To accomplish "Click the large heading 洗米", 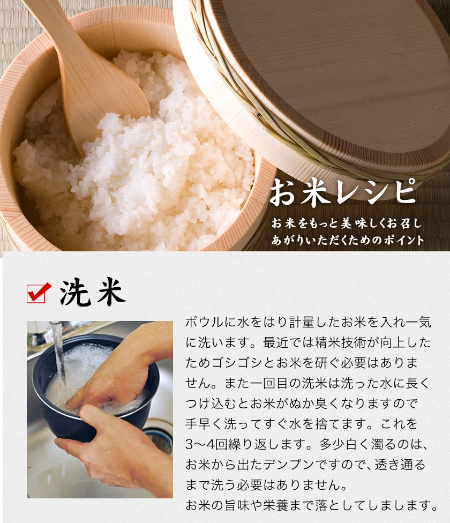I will [92, 293].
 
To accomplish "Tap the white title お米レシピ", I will [342, 193].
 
